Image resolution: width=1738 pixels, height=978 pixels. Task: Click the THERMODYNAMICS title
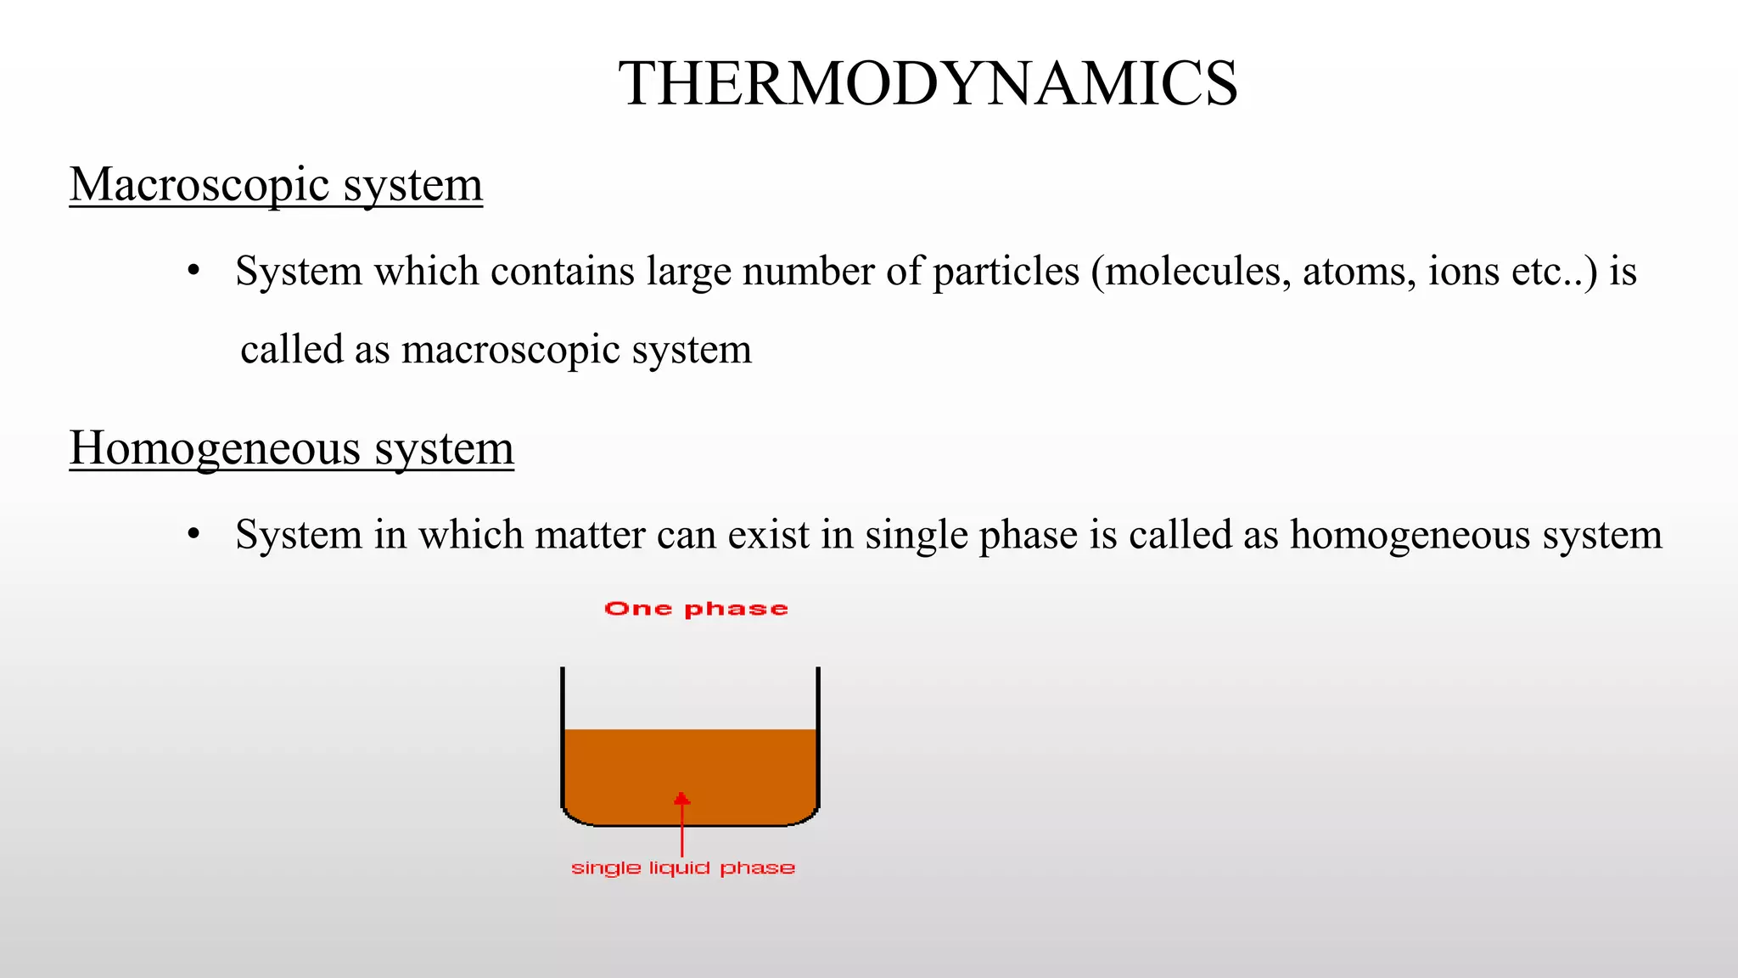[x=928, y=84]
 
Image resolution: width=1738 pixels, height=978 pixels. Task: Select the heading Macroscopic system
[x=276, y=184]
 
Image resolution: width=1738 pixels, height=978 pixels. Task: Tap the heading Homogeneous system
[x=291, y=448]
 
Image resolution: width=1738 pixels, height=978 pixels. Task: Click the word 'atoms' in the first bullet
[x=1358, y=272]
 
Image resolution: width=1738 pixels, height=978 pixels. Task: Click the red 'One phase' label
[x=696, y=609]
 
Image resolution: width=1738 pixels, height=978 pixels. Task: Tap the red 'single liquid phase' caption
[x=683, y=868]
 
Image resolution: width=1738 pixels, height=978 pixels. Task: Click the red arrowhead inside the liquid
[x=681, y=799]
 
